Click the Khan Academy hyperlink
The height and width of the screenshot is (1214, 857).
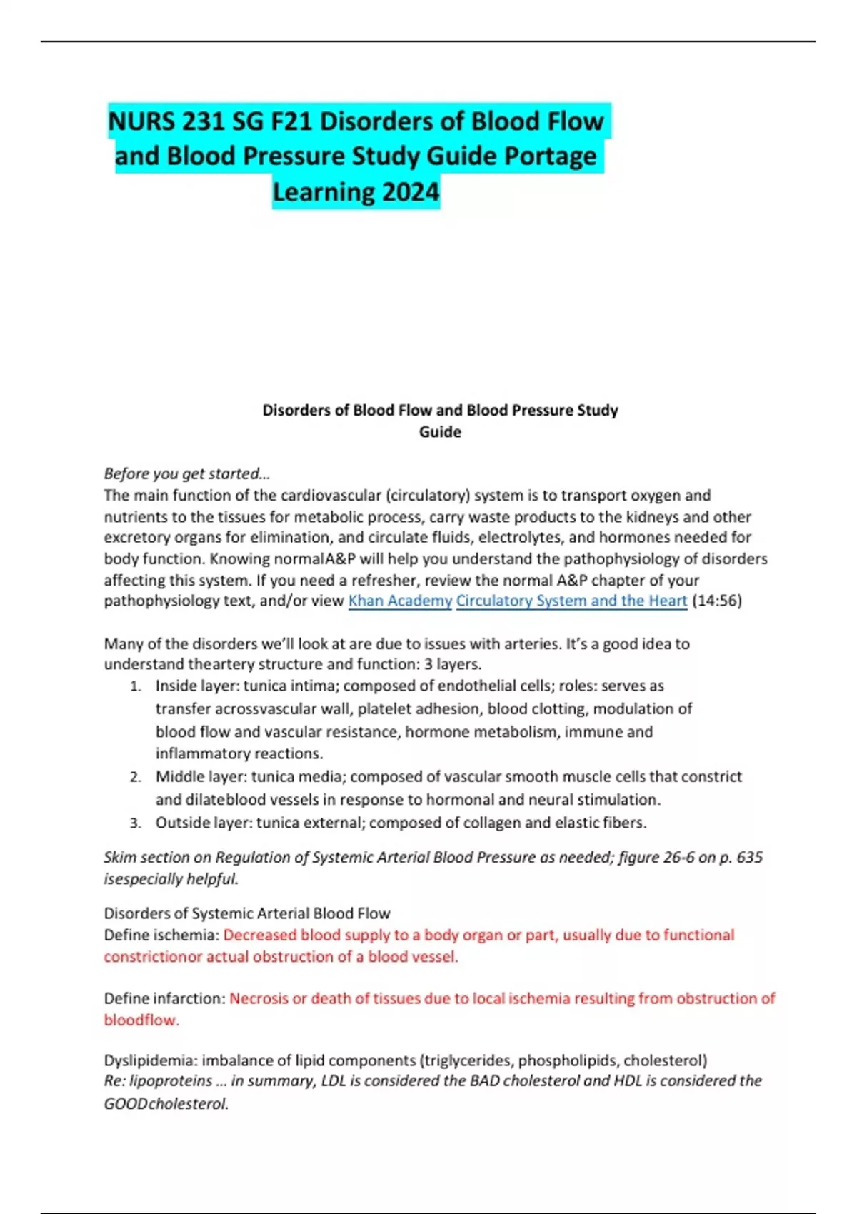click(400, 601)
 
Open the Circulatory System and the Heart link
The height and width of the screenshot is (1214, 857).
click(571, 601)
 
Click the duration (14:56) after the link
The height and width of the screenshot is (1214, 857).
click(717, 601)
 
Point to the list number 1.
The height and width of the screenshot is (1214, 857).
click(135, 686)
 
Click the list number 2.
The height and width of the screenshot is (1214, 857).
click(135, 777)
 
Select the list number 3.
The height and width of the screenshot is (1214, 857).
click(135, 823)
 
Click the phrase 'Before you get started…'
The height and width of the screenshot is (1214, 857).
click(187, 473)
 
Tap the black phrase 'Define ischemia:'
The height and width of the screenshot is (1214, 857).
click(161, 935)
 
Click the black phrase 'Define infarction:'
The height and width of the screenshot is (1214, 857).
click(164, 998)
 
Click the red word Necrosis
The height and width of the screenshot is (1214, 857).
click(258, 998)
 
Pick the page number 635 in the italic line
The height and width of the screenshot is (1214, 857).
click(749, 857)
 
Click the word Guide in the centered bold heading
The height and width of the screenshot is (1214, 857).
click(440, 432)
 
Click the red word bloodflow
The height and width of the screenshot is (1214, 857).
click(140, 1020)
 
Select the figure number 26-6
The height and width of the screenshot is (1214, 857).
click(678, 857)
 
